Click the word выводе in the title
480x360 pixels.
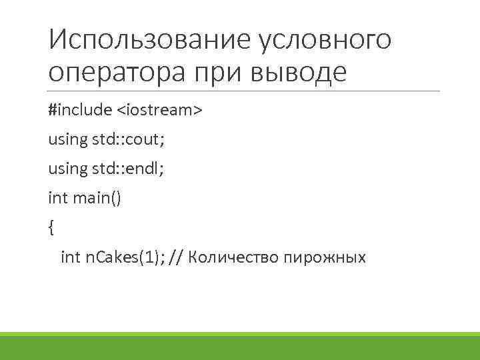(299, 71)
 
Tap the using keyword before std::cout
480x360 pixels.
(67, 139)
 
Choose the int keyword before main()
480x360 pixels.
(57, 198)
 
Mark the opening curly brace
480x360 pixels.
(51, 228)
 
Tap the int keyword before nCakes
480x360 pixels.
(70, 257)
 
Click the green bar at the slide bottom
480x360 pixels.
(240, 346)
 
